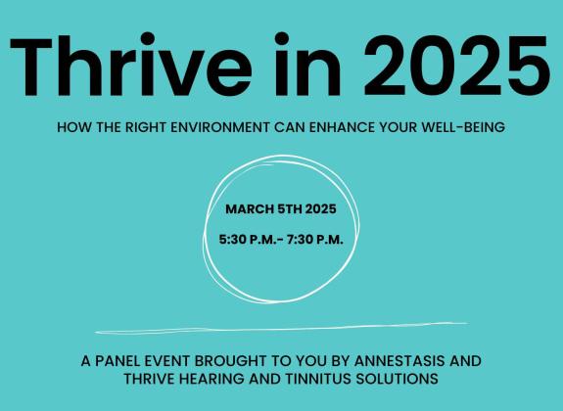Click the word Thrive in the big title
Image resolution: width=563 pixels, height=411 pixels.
[x=130, y=65]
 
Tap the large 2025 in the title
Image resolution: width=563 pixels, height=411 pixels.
[x=456, y=66]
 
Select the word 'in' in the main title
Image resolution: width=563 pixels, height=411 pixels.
[x=307, y=65]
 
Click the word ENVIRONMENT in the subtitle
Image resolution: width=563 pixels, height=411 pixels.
[x=220, y=127]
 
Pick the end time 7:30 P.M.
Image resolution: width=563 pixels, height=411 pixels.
[x=315, y=240]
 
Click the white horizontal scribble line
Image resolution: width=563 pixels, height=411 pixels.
[x=282, y=328]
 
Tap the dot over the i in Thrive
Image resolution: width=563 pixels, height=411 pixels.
[x=147, y=38]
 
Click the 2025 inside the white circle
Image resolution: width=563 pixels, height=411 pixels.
[x=321, y=208]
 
